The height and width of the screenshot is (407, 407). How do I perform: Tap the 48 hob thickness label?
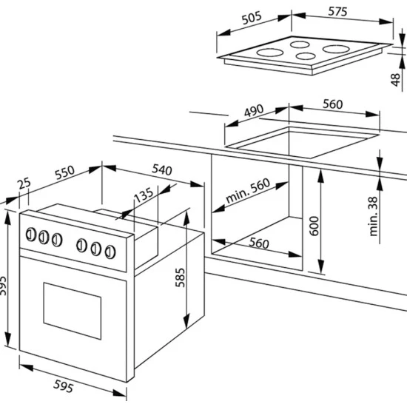coord(396,78)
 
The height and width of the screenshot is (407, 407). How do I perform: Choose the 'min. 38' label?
coord(374,215)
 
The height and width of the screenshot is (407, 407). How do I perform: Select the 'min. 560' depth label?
coord(247,192)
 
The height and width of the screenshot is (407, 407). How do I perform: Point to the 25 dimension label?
coord(24,184)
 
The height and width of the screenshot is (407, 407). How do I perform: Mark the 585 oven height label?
coord(180,275)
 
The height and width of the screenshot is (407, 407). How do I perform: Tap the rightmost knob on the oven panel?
coord(110,250)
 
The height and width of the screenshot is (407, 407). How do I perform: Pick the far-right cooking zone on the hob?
coord(340,52)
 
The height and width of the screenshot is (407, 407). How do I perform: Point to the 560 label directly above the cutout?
coord(332,104)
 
